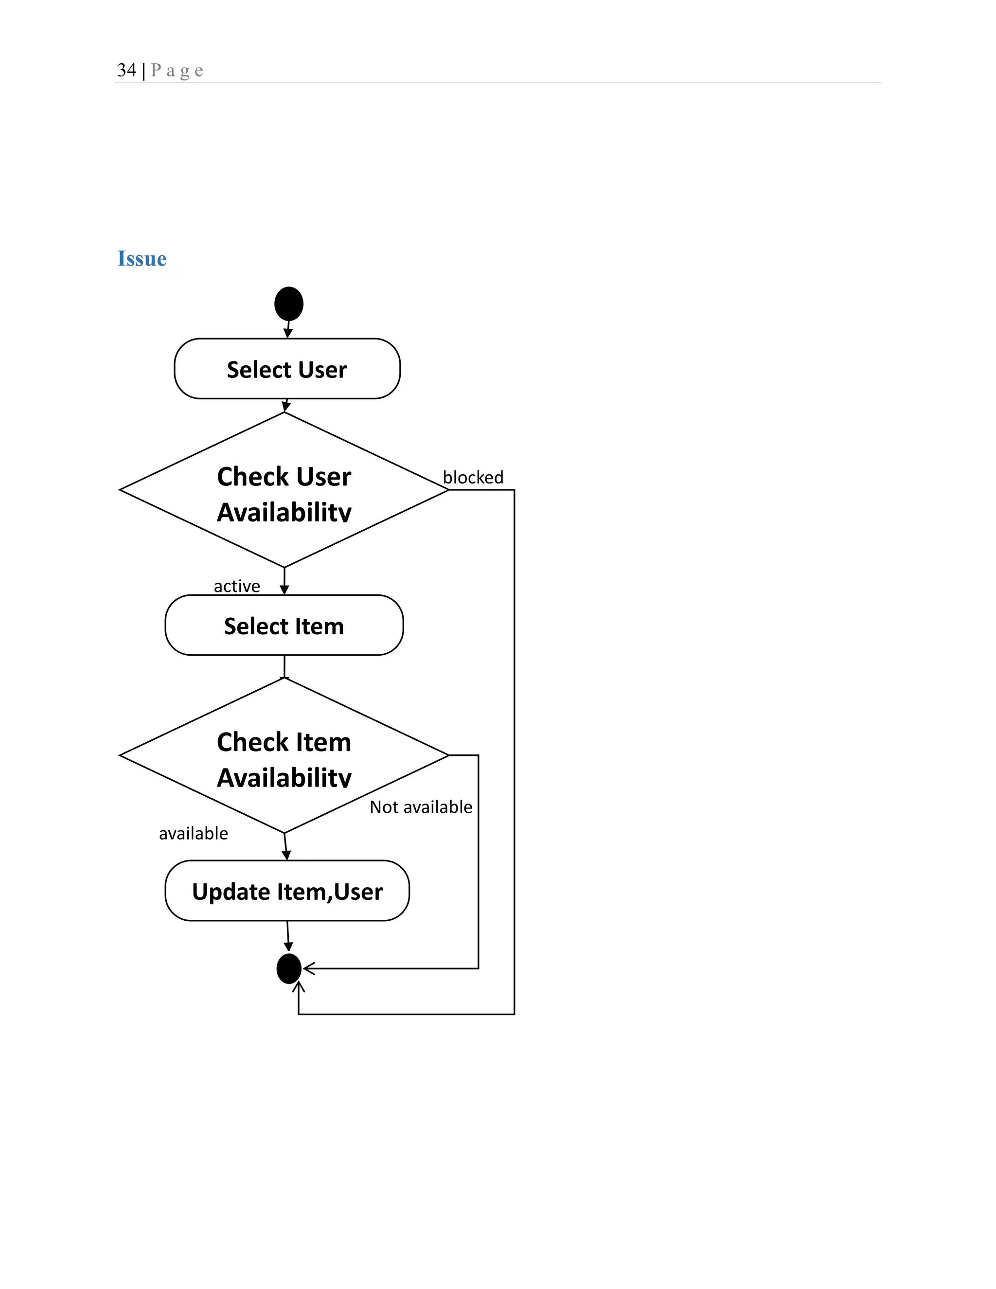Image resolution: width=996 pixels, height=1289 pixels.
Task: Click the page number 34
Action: [126, 70]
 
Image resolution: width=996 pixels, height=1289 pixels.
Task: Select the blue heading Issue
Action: [142, 258]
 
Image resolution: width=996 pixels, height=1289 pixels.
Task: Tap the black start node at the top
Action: [288, 304]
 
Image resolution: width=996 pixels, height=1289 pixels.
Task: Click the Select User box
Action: [287, 369]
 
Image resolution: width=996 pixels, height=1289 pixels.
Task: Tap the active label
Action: [237, 586]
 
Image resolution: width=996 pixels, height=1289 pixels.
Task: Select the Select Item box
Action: [284, 625]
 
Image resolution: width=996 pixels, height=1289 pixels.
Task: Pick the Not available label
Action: [421, 807]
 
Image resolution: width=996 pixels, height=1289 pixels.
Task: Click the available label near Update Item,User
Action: [193, 833]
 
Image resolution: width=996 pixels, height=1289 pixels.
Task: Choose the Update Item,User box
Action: [287, 891]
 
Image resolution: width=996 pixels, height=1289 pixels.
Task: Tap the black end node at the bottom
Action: [288, 968]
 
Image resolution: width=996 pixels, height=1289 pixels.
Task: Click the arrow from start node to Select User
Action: [288, 329]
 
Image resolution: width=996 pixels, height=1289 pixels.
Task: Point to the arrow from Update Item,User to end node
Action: [288, 935]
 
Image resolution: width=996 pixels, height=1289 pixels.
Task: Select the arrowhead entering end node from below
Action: [299, 987]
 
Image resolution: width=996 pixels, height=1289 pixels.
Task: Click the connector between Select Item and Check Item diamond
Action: [285, 666]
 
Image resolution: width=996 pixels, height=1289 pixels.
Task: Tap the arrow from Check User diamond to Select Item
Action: [285, 581]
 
